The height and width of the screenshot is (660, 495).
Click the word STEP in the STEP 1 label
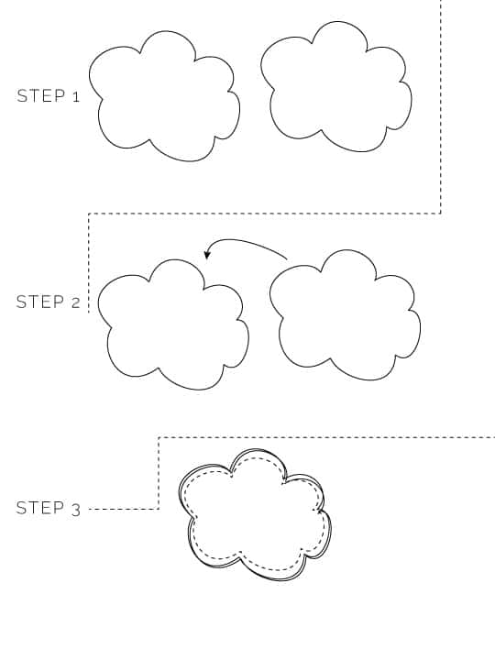(x=41, y=96)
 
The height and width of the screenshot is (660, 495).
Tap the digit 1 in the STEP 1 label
(x=76, y=97)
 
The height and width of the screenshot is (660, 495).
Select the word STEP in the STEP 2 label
(x=40, y=302)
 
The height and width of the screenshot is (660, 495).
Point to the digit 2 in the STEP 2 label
(x=76, y=303)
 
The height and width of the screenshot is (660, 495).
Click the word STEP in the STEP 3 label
(x=40, y=508)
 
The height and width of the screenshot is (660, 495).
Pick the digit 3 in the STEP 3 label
(x=76, y=511)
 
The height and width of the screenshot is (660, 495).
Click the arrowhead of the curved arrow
(x=206, y=254)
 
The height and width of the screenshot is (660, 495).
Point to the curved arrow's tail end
(x=287, y=258)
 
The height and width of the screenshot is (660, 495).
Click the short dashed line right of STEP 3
(x=124, y=510)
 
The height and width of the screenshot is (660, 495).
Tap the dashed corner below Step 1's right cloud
(x=441, y=214)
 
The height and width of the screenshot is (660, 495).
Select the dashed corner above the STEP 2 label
(x=89, y=214)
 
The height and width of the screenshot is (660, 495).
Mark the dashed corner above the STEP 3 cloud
(x=159, y=438)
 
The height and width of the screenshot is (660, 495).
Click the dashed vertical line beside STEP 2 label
(x=89, y=263)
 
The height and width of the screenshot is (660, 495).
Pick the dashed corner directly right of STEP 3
(x=159, y=509)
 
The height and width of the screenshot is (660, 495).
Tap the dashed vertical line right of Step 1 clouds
(x=441, y=107)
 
